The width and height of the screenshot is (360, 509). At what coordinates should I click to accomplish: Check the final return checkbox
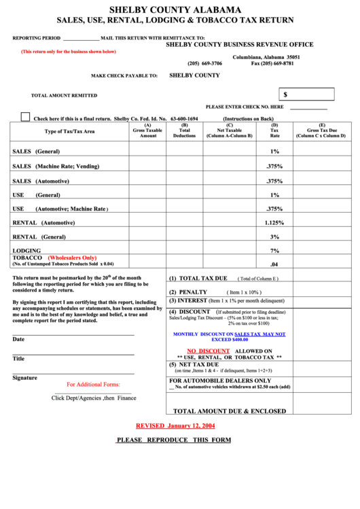click(x=25, y=117)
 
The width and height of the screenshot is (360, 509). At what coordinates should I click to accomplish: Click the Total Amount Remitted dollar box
click(x=306, y=94)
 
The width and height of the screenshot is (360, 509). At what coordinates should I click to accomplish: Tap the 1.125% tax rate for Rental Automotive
click(x=274, y=223)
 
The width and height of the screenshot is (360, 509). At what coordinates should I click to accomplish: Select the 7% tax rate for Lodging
click(x=274, y=251)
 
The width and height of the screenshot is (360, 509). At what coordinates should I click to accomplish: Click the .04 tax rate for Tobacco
click(x=274, y=264)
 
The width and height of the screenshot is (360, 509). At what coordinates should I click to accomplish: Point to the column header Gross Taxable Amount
click(x=148, y=130)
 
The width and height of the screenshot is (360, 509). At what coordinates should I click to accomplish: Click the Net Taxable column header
click(x=230, y=130)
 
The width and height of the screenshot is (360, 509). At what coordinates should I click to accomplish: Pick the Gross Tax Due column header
click(x=321, y=130)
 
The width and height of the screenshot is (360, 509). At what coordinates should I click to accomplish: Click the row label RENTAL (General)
click(x=39, y=236)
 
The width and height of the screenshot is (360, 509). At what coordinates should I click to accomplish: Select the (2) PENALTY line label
click(x=188, y=292)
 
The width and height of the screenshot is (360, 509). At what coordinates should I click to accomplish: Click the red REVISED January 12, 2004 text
click(x=175, y=425)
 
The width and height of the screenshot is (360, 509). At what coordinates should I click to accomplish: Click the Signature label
click(x=24, y=378)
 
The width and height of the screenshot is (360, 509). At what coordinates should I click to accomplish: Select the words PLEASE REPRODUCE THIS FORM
click(x=174, y=440)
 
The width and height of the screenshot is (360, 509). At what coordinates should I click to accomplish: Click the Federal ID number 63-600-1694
click(x=184, y=118)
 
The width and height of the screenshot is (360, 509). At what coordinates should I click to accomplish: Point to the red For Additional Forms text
click(x=93, y=385)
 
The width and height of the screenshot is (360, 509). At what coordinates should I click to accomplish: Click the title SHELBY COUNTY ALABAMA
click(x=175, y=10)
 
